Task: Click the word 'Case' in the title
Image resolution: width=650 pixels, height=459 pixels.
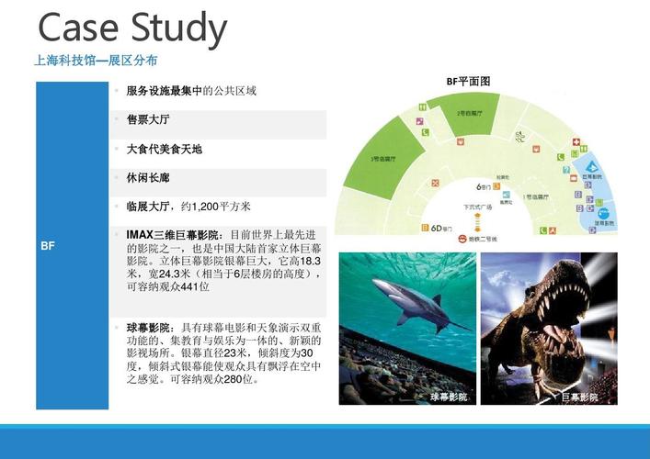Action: tap(79, 29)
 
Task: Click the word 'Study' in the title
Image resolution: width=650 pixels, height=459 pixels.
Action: tap(177, 31)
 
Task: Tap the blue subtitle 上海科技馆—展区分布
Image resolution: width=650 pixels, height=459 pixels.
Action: tap(95, 61)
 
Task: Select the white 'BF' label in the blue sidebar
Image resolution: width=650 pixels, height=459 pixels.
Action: tap(48, 246)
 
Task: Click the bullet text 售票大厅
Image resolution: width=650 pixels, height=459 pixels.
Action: tap(148, 119)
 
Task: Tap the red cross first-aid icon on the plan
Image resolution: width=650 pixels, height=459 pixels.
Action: tap(576, 143)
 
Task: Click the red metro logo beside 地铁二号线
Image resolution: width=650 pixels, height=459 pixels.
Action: tap(460, 238)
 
